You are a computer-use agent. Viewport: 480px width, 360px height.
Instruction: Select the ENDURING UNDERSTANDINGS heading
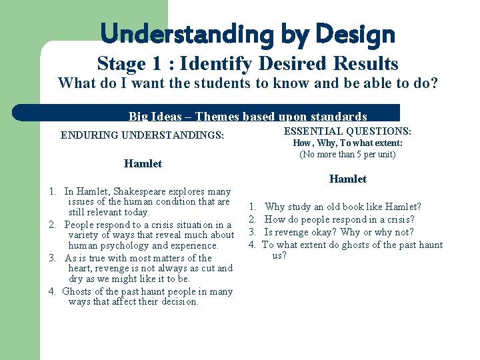143,135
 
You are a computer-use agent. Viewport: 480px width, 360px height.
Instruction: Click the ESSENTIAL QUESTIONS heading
347,132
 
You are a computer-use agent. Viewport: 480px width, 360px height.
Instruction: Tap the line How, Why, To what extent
347,143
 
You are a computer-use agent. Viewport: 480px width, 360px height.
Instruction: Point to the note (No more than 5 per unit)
347,155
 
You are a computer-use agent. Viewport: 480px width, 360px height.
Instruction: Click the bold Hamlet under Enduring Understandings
143,164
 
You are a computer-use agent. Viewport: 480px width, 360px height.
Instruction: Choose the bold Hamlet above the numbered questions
347,179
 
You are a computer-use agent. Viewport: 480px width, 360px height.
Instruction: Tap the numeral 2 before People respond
52,225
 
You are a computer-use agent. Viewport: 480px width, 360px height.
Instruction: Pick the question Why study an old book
343,207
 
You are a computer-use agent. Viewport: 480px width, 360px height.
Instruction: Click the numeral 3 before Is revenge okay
253,232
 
